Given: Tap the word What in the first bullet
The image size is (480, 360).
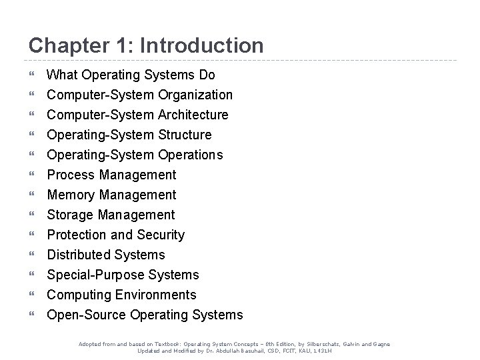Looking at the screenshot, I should (x=62, y=75).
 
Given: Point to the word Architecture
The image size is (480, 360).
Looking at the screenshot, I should (x=193, y=115).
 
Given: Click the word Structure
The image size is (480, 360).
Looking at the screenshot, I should (x=185, y=135).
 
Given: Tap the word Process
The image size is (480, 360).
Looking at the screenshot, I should (x=71, y=175).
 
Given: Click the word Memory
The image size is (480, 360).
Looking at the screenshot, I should (x=71, y=195).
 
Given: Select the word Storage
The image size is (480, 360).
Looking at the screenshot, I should (x=71, y=215).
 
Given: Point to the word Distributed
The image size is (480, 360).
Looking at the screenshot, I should (x=78, y=255).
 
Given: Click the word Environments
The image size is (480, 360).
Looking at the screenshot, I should (x=155, y=295).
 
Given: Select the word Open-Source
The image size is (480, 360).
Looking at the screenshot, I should (x=87, y=315).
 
